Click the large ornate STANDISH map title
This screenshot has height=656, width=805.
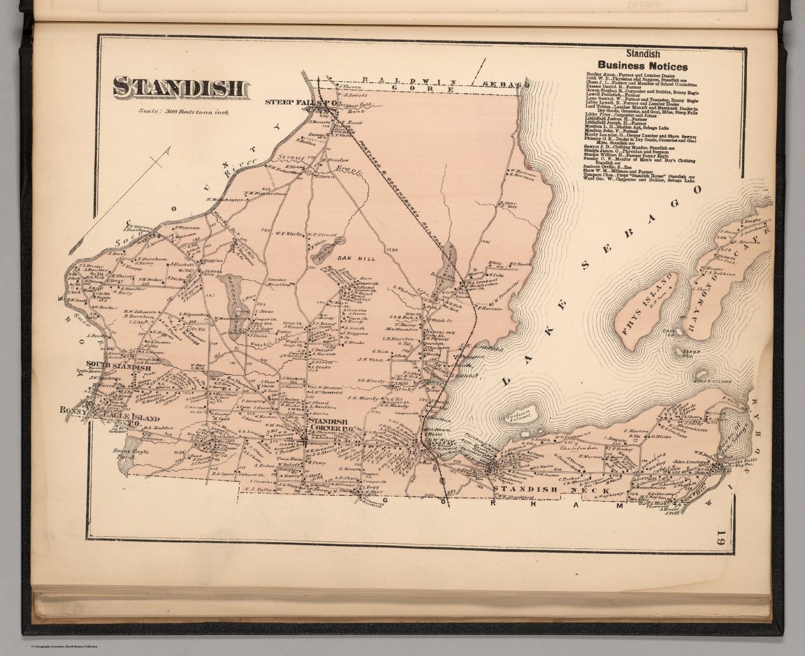(178, 88)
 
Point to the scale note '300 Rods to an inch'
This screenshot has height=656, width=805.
(184, 111)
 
